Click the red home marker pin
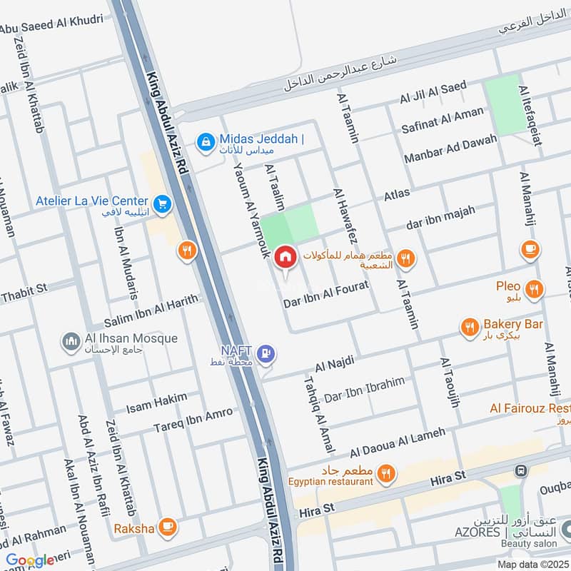285,257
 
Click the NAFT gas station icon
267,352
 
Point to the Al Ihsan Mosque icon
71,341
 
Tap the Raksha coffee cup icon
168,527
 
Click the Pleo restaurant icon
533,289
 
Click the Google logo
30,560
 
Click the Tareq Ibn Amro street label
193,420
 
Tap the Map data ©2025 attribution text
532,564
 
